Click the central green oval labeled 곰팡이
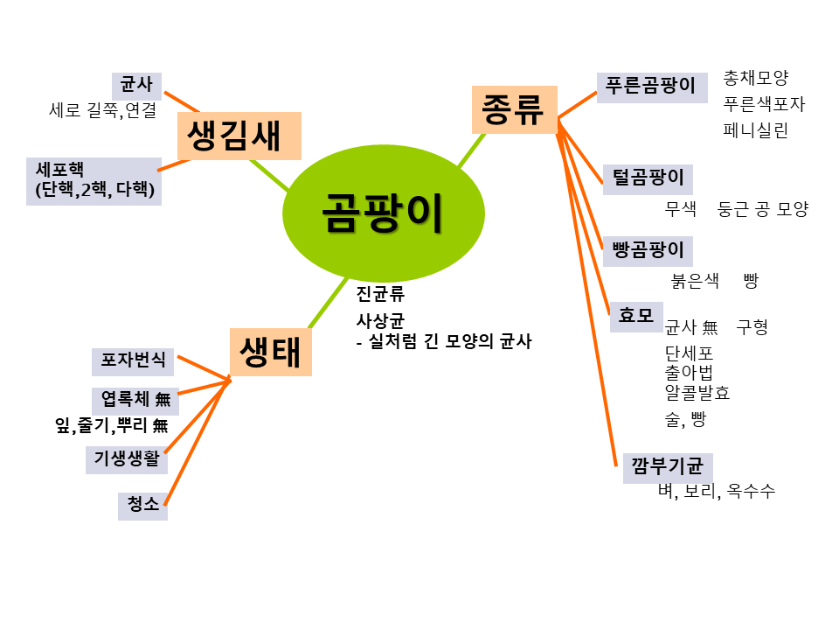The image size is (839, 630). pyautogui.click(x=383, y=213)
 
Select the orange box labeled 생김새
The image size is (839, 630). pyautogui.click(x=239, y=136)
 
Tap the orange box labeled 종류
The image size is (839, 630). pyautogui.click(x=514, y=109)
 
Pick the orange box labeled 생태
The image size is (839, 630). pyautogui.click(x=270, y=352)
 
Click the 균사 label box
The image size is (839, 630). pyautogui.click(x=137, y=86)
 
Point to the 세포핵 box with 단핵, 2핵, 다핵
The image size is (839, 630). pyautogui.click(x=94, y=181)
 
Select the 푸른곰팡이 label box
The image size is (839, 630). pyautogui.click(x=652, y=87)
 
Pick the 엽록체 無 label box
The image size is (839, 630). pyautogui.click(x=135, y=400)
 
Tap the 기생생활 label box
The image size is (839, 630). pyautogui.click(x=127, y=458)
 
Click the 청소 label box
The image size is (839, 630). pyautogui.click(x=142, y=505)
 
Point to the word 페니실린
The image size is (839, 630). pyautogui.click(x=756, y=131)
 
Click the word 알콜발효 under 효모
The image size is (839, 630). pyautogui.click(x=697, y=393)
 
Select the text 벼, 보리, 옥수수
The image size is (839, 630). pyautogui.click(x=717, y=491)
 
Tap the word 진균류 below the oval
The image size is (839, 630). pyautogui.click(x=380, y=294)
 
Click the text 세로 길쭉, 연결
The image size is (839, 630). pyautogui.click(x=103, y=111)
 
